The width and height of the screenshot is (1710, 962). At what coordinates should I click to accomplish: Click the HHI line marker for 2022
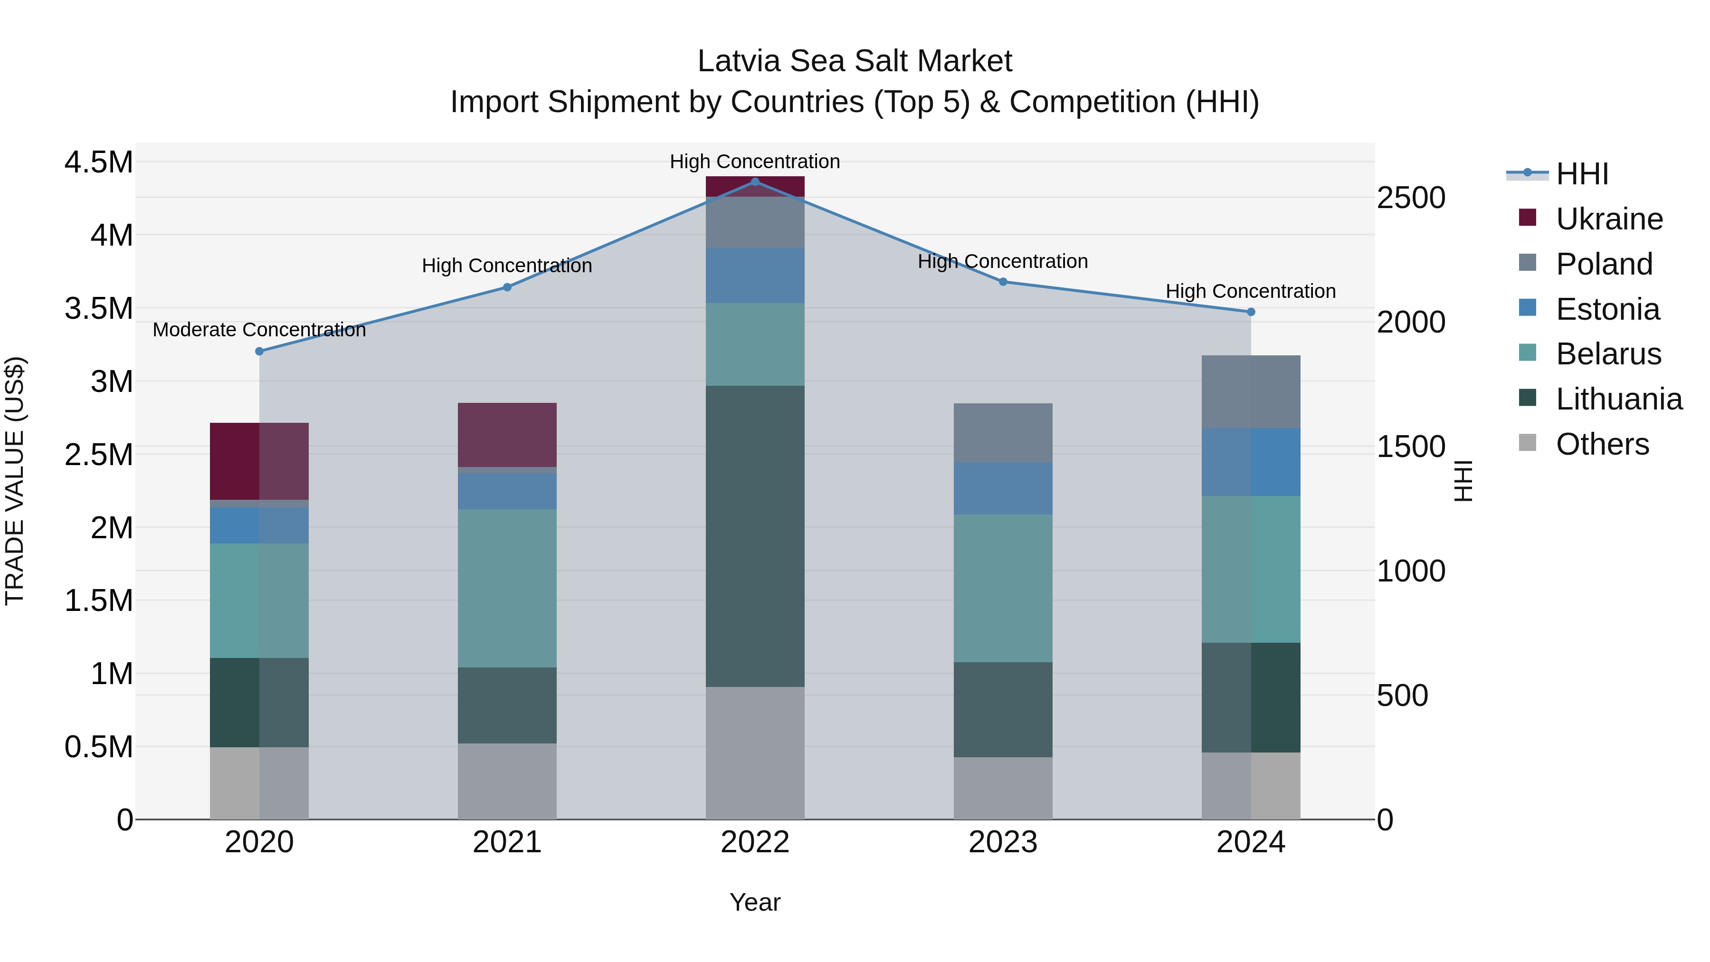click(755, 181)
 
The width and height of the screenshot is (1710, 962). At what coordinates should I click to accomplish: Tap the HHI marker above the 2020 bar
click(259, 351)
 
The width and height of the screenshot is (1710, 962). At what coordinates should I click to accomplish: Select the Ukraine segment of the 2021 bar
click(507, 435)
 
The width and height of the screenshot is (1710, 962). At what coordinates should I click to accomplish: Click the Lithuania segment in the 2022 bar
click(755, 536)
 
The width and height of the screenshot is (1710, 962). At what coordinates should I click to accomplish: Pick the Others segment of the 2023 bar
click(1003, 788)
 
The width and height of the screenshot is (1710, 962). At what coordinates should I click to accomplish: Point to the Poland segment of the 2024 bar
click(1251, 392)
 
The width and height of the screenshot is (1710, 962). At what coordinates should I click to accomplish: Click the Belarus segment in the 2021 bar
click(507, 588)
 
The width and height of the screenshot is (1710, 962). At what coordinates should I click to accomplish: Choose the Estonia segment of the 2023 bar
click(1003, 488)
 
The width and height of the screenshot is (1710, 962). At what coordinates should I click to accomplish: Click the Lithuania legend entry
click(1618, 399)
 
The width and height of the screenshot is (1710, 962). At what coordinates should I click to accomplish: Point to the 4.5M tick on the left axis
click(98, 162)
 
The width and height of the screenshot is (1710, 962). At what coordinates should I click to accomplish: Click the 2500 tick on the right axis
click(1411, 198)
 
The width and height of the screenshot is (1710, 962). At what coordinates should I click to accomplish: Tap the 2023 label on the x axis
click(1003, 842)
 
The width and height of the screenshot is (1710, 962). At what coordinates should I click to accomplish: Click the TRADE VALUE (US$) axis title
click(15, 481)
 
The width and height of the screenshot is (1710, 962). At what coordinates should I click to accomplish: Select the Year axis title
click(755, 902)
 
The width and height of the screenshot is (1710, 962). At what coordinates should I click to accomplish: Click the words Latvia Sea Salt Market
click(855, 61)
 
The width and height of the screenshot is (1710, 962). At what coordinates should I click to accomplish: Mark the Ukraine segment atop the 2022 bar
click(755, 187)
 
